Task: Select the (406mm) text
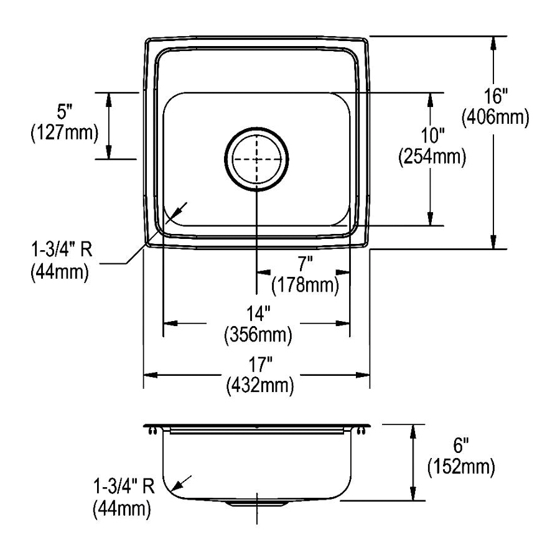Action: point(495,117)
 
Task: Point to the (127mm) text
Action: point(65,133)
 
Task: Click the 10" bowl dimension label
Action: point(432,136)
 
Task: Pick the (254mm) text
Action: point(432,157)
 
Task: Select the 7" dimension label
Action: point(306,264)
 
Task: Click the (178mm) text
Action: point(305,286)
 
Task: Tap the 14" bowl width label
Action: point(258,314)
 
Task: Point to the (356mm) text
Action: point(258,335)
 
